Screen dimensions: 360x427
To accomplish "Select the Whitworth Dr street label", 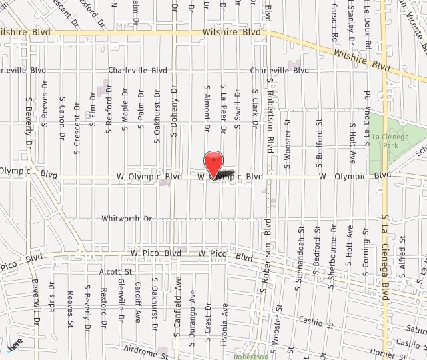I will [x=127, y=219].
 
